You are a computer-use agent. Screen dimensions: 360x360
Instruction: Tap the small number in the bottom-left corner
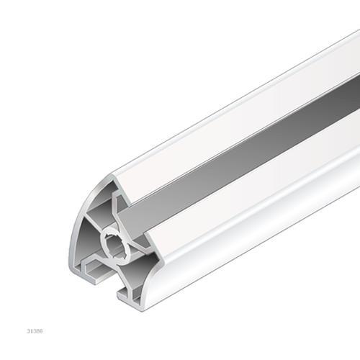[x=35, y=331]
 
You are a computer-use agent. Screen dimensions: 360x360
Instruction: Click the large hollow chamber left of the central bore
[x=88, y=238]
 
